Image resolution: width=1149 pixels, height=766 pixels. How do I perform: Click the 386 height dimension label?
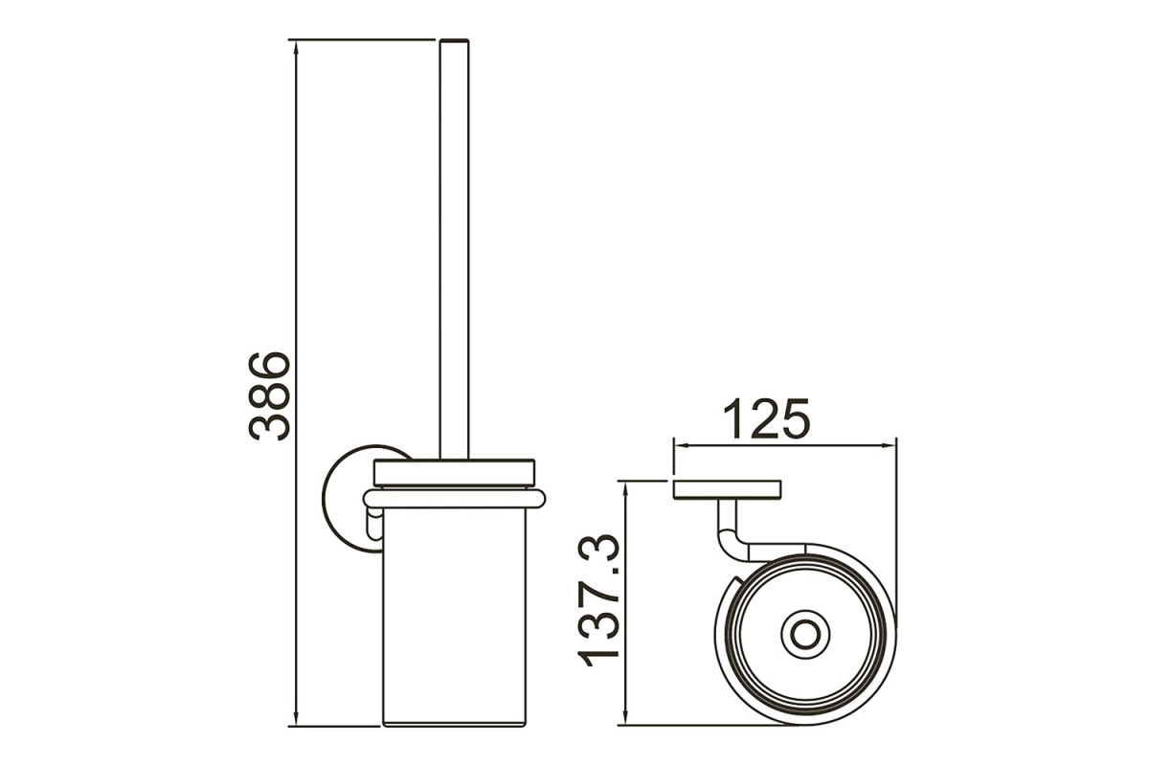click(x=270, y=395)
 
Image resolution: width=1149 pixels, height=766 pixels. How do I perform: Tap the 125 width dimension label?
click(x=766, y=418)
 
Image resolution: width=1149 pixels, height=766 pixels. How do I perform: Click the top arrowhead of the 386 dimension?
click(x=296, y=49)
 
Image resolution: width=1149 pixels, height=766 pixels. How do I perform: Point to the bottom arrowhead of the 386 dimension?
click(x=296, y=717)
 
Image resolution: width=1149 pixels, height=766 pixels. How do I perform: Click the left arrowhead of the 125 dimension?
click(x=682, y=445)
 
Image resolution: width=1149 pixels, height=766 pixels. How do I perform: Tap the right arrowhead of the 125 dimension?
click(x=888, y=445)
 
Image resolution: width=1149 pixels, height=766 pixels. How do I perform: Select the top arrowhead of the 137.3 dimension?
click(x=624, y=490)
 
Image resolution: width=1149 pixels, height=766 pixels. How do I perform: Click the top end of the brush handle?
click(x=455, y=40)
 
